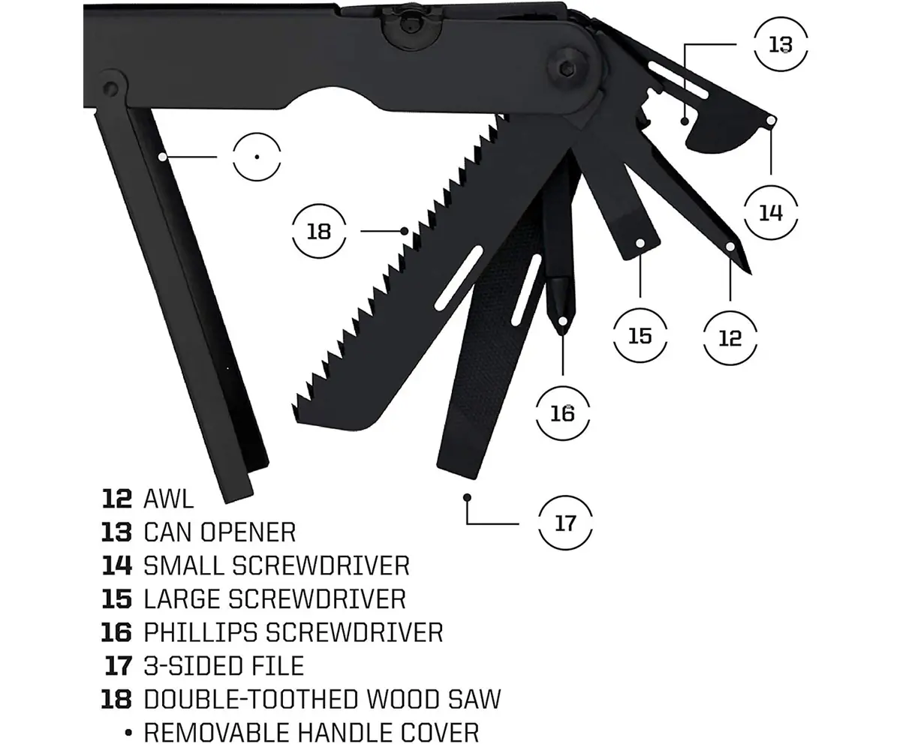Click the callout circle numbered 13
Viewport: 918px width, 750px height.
click(781, 45)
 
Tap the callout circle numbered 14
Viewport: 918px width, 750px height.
click(771, 213)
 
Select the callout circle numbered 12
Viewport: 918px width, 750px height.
click(730, 338)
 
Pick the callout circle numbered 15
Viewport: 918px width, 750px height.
click(640, 335)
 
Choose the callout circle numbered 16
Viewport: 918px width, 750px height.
click(562, 413)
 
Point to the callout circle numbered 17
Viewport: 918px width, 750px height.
click(565, 523)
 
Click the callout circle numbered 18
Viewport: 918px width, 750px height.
click(319, 231)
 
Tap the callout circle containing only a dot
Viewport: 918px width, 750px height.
click(257, 156)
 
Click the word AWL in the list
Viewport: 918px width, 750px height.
click(169, 498)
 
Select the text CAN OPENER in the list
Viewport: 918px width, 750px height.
click(220, 532)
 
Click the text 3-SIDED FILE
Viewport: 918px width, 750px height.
click(224, 665)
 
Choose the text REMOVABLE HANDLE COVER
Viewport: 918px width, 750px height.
click(312, 731)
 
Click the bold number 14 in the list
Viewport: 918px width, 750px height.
click(117, 565)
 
